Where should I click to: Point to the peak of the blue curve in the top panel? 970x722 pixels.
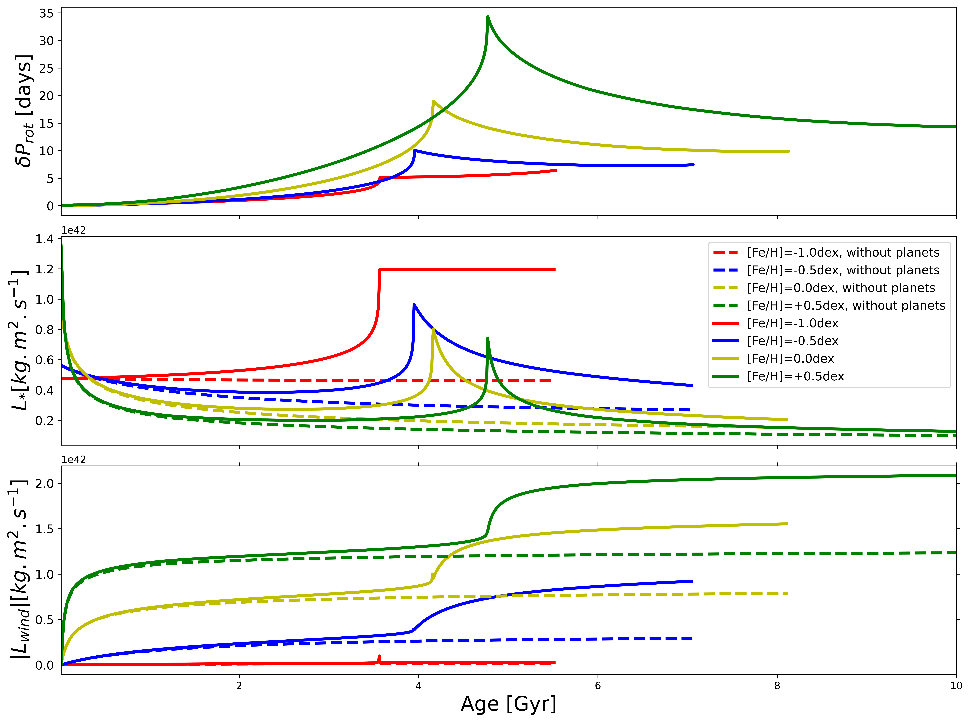[414, 150]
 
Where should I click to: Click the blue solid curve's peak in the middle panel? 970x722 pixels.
[414, 305]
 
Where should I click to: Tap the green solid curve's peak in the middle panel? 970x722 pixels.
[488, 338]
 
